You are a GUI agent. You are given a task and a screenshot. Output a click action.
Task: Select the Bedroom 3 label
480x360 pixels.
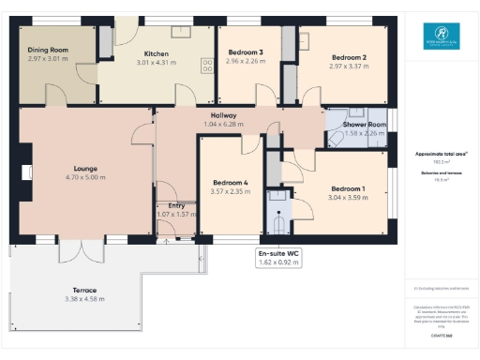[x=245, y=52]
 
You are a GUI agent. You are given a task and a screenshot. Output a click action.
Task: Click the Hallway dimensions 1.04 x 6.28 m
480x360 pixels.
[x=223, y=124]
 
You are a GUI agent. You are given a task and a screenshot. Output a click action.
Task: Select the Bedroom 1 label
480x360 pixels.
[x=348, y=188]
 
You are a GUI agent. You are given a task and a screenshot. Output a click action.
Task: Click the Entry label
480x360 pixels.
[x=175, y=205]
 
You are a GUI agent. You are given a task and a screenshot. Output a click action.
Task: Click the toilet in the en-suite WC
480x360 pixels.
[x=277, y=226]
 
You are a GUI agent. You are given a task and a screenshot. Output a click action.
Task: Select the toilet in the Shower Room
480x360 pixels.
[x=336, y=138]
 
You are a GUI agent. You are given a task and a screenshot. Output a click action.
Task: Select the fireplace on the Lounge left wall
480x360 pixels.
[x=24, y=172]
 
